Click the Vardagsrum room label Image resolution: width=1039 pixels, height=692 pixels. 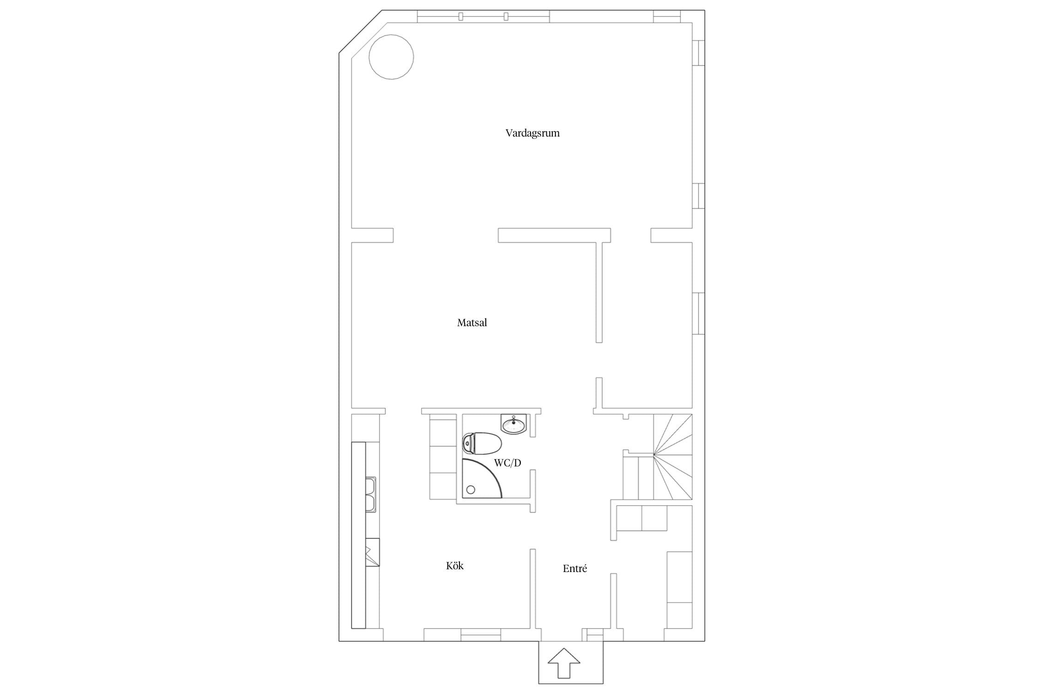coord(532,133)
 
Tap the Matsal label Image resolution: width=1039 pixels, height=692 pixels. coord(472,322)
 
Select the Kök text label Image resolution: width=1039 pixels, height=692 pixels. coord(455,566)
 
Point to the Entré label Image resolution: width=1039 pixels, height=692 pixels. coord(575,568)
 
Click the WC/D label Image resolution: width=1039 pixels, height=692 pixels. coord(507,463)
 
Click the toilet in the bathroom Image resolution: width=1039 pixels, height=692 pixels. coord(482,443)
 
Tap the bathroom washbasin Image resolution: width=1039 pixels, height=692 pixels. coord(513,424)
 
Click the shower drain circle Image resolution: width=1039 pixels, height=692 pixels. coord(471,490)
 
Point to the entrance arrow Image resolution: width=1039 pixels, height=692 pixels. coord(564,662)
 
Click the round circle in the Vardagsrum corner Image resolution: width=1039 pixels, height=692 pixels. coord(391,57)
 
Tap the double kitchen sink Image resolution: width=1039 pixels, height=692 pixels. coord(371,495)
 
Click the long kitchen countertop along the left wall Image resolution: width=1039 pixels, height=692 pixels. coord(358,535)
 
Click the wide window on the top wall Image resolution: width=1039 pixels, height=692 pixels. coord(483,16)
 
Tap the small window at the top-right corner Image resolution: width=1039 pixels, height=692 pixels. coord(667,16)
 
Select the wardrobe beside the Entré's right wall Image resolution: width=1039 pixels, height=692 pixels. coord(679,590)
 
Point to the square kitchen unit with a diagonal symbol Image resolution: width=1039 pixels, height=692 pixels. coord(372,552)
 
